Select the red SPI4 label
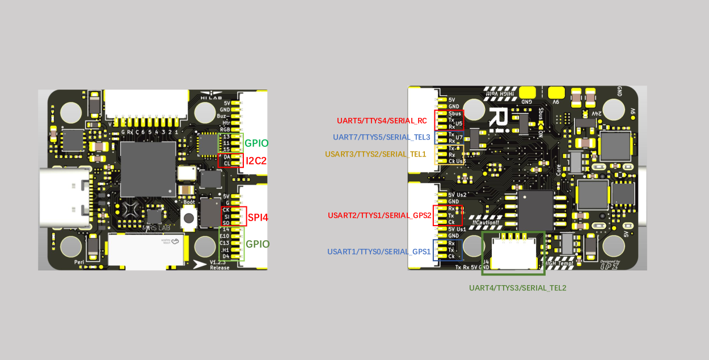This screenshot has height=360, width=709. point(258,217)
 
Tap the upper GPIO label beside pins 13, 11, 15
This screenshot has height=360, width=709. point(256,143)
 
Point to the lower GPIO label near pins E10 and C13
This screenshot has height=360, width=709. point(257,244)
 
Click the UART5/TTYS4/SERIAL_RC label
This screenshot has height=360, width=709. point(382,121)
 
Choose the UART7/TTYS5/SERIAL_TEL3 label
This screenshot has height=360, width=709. point(382,137)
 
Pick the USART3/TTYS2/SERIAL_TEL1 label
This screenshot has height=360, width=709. point(375,154)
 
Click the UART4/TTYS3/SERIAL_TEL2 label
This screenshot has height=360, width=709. point(517,288)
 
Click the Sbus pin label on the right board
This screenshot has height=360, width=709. point(454,113)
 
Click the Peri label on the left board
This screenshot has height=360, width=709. point(79,262)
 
